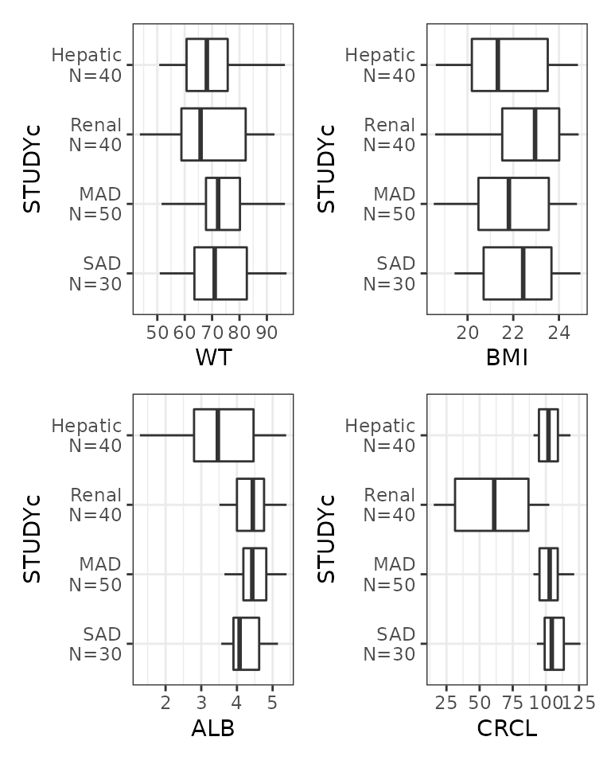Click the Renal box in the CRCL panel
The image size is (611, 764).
tap(492, 505)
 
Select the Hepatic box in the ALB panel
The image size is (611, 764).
tap(224, 435)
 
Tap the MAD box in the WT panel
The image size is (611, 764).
tap(223, 204)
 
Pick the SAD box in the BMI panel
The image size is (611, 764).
tap(517, 273)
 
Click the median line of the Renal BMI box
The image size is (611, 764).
tap(535, 134)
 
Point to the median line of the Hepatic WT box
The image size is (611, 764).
tap(207, 64)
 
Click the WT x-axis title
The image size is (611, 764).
tap(213, 358)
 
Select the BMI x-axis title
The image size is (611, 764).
tap(507, 358)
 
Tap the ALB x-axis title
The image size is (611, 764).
tap(213, 727)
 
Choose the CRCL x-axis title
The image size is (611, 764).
tap(507, 727)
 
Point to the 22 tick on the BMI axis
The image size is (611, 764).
tap(513, 330)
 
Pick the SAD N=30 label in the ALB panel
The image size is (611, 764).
tap(95, 644)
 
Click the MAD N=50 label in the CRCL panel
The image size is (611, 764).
tap(389, 574)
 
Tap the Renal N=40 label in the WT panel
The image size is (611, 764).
tap(95, 134)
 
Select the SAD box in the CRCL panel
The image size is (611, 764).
tap(554, 643)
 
